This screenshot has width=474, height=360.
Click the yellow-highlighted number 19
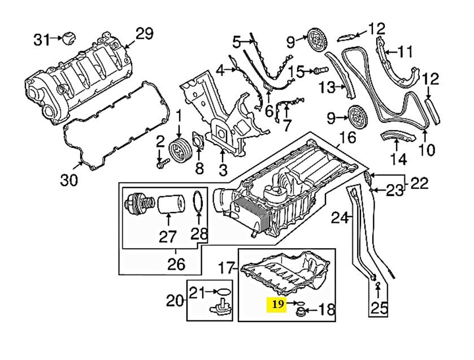click(x=277, y=305)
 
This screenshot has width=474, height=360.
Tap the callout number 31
click(x=41, y=39)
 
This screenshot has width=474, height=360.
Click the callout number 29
click(x=144, y=33)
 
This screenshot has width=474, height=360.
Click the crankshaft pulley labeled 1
click(x=179, y=151)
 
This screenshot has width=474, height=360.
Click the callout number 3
click(x=223, y=168)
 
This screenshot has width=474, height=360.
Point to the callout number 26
click(x=176, y=263)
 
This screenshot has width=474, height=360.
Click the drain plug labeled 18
click(x=301, y=311)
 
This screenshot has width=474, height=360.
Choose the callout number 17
click(x=227, y=266)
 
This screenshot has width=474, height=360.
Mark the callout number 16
click(x=348, y=137)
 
